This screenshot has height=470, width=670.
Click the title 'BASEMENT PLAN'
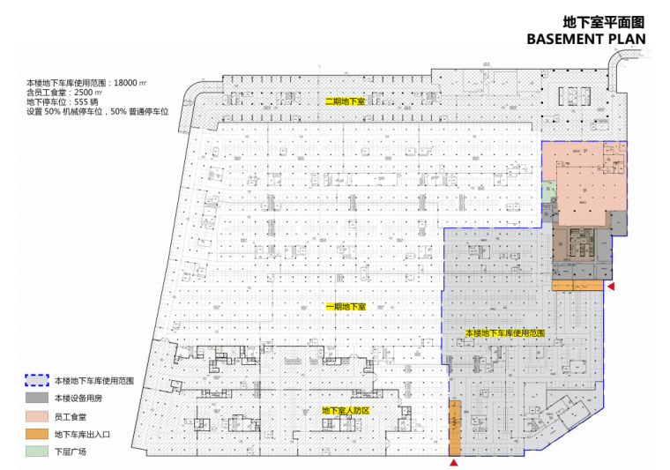click(585, 39)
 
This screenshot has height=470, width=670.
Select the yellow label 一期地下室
click(346, 307)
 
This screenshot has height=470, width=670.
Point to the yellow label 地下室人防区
click(345, 411)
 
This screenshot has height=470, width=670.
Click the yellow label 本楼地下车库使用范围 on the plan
click(505, 333)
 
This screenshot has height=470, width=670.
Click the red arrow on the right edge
click(609, 287)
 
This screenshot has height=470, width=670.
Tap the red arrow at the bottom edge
click(455, 462)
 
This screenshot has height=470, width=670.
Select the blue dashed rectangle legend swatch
click(37, 381)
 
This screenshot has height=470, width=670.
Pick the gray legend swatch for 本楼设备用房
click(37, 399)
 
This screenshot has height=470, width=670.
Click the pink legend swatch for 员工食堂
click(37, 416)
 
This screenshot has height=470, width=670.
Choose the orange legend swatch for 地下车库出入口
click(37, 434)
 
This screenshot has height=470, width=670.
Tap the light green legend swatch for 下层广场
click(37, 451)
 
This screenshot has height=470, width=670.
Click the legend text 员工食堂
click(71, 416)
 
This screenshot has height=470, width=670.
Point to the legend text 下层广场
click(71, 451)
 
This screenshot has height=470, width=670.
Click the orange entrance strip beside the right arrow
click(577, 286)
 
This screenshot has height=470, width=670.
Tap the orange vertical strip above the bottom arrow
click(455, 427)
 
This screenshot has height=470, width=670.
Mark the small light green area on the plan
click(547, 190)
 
